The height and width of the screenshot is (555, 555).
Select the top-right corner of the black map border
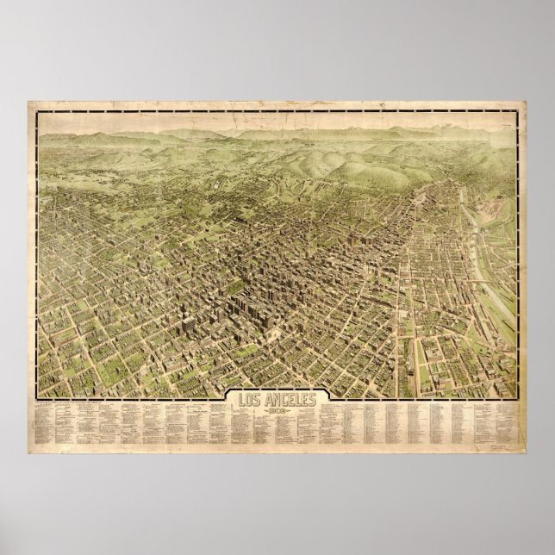517,110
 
